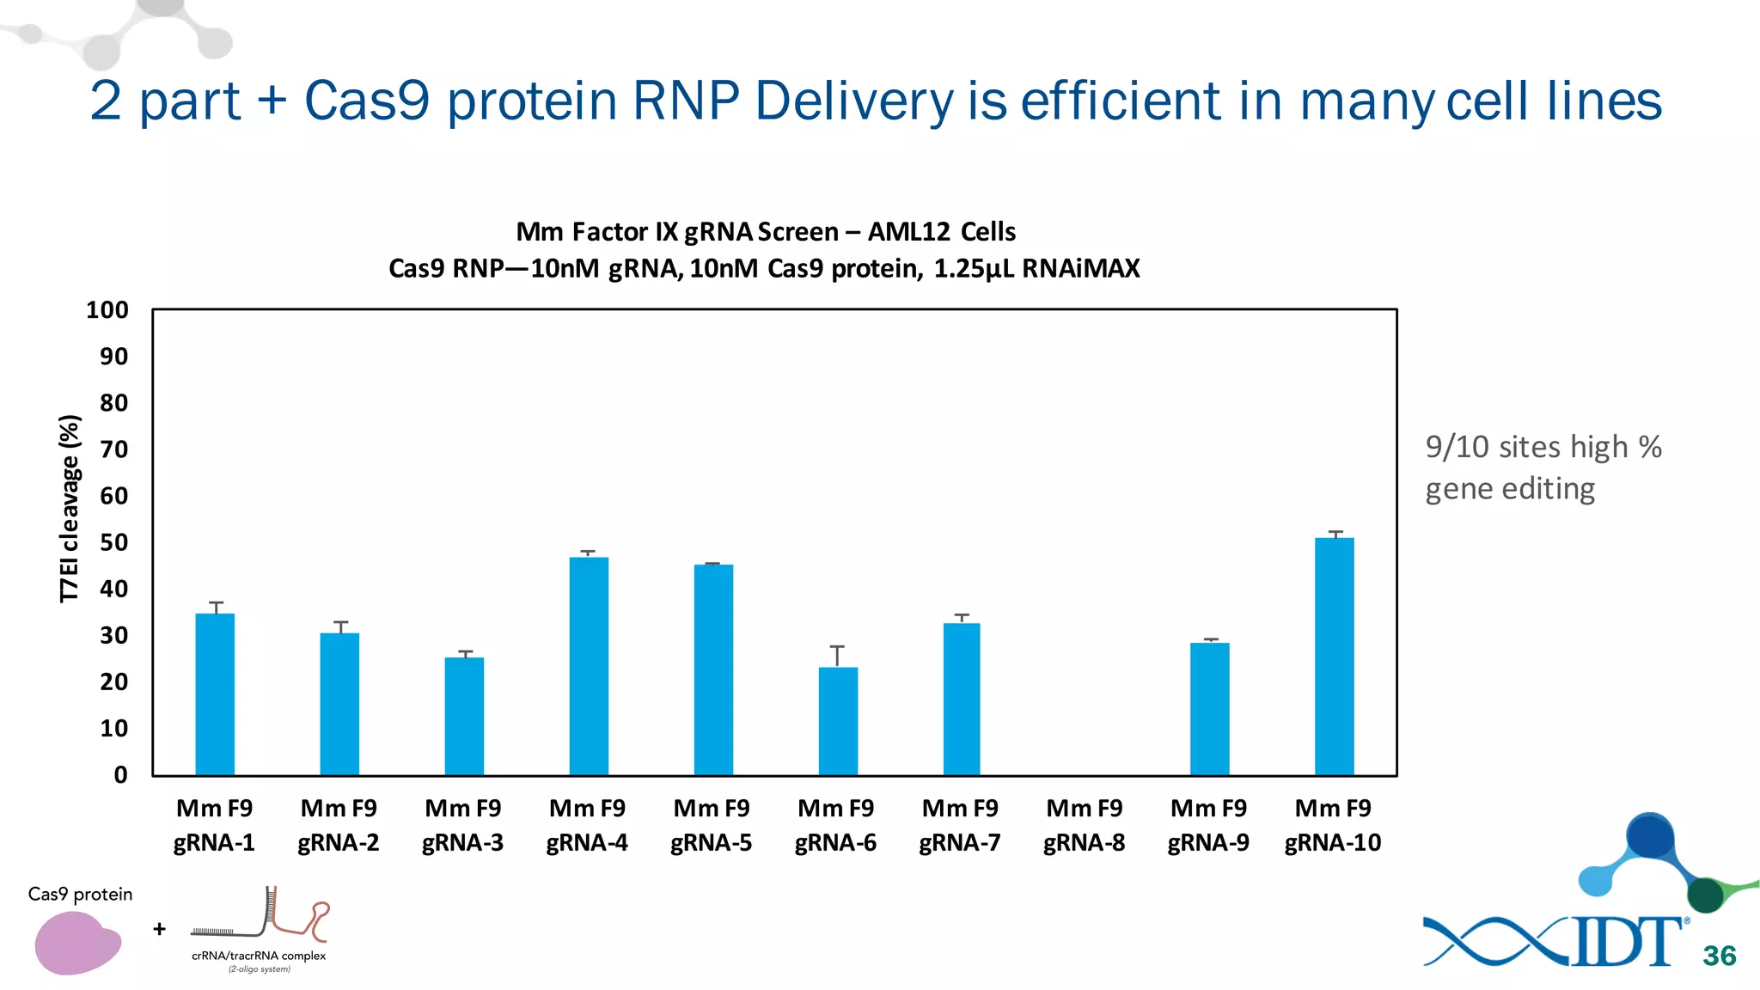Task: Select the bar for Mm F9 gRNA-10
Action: click(x=1334, y=657)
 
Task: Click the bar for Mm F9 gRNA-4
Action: click(x=589, y=667)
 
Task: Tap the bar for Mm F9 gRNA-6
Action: click(x=838, y=722)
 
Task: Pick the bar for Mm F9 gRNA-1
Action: click(x=215, y=694)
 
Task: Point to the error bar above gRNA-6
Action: click(x=837, y=656)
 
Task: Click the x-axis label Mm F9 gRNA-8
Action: click(x=1085, y=825)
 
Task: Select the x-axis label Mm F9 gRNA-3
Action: click(x=463, y=825)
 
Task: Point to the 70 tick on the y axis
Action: click(x=113, y=449)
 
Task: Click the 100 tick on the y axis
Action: click(x=107, y=310)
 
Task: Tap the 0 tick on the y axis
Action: click(x=120, y=775)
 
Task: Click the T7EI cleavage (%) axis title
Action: click(x=70, y=508)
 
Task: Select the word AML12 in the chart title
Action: click(x=908, y=232)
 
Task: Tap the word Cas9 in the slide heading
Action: click(x=367, y=101)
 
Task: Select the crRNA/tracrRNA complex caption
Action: click(x=259, y=956)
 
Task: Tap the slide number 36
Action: click(x=1719, y=956)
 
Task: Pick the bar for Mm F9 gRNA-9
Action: click(x=1209, y=710)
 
